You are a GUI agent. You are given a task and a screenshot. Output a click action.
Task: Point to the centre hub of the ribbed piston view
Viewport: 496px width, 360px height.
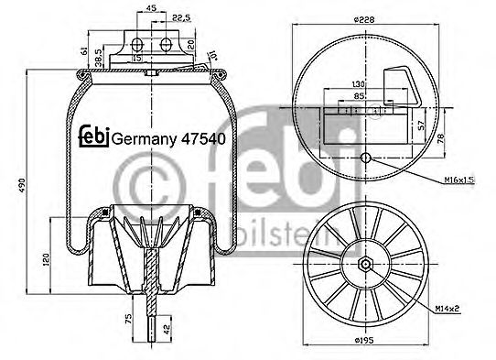pos(366,266)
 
